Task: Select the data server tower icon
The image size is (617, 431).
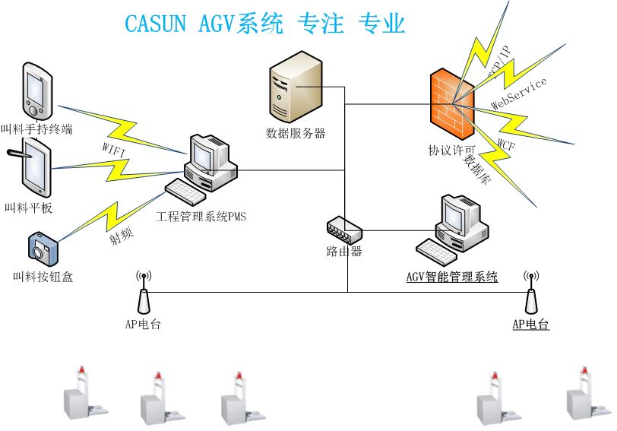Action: tap(295, 87)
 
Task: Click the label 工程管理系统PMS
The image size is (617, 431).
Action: tap(201, 217)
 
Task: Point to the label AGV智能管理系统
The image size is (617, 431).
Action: tap(451, 277)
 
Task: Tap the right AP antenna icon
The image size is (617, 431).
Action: tap(531, 293)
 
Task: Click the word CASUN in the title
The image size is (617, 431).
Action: tap(155, 24)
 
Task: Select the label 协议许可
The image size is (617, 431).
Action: tap(451, 151)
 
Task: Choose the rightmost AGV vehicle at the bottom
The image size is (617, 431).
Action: tap(584, 395)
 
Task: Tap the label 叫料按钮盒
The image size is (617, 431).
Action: tap(43, 277)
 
